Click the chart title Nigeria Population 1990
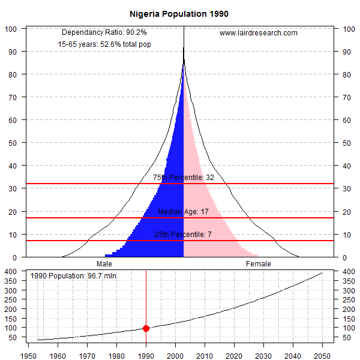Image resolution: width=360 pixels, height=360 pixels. point(179,13)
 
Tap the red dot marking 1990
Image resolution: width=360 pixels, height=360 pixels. point(146,328)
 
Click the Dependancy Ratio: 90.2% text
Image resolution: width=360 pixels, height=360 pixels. point(104,32)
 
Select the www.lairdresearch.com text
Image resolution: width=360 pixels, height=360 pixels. point(258,33)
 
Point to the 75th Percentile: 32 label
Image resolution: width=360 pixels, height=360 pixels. point(184,178)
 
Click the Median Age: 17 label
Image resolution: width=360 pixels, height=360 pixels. point(184,212)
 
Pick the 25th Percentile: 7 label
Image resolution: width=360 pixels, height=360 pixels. point(184,235)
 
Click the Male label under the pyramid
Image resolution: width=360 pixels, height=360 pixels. point(104,264)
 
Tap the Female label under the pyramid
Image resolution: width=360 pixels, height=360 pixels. point(258,264)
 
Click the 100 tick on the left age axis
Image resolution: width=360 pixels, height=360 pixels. point(11,29)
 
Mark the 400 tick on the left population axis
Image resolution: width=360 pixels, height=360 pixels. point(11,271)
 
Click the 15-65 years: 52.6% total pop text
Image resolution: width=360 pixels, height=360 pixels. point(104,44)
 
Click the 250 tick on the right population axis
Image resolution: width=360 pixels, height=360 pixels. point(349,300)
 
